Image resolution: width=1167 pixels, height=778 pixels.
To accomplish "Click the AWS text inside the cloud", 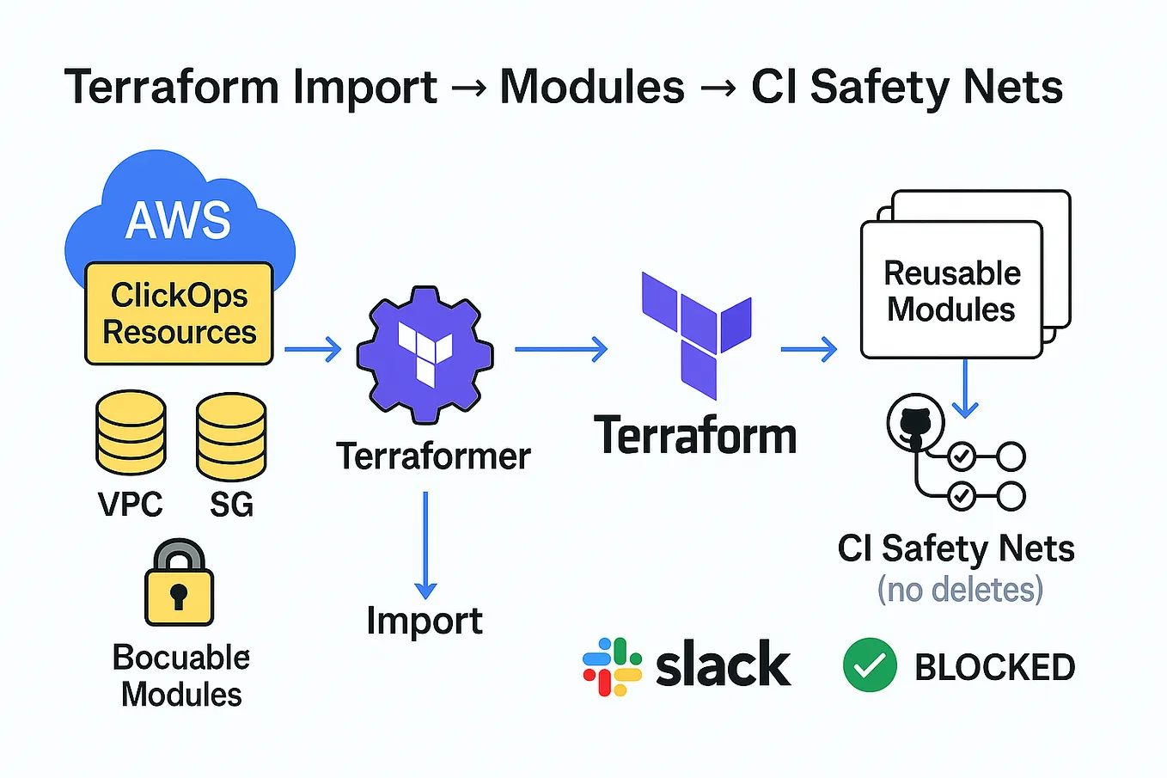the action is click(178, 220).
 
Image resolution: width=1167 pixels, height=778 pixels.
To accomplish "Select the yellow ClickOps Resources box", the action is click(180, 313).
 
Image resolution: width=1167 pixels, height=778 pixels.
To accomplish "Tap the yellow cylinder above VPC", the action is click(131, 432).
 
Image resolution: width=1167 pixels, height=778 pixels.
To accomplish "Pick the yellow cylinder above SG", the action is click(231, 436).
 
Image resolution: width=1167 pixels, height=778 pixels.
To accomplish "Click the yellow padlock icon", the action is click(180, 582).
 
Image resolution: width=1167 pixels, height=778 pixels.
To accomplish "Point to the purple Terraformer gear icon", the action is click(425, 354).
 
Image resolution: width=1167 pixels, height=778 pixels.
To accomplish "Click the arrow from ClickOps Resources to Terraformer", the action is click(313, 349).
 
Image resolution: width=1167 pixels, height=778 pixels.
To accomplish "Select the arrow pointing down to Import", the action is click(425, 545).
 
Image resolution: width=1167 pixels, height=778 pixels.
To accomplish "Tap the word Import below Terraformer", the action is click(425, 622).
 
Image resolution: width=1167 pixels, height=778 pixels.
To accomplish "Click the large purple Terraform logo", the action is click(697, 335).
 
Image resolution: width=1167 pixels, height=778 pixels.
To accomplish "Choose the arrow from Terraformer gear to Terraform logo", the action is click(561, 349).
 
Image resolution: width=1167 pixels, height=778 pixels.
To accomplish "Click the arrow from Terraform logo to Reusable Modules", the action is click(810, 349).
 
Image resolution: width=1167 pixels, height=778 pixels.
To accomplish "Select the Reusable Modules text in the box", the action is click(952, 291).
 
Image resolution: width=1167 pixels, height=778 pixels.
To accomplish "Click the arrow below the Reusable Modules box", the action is click(965, 389).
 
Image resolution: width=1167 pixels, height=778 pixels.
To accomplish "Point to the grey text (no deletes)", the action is click(960, 590).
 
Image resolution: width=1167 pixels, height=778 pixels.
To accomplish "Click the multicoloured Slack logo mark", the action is click(612, 666).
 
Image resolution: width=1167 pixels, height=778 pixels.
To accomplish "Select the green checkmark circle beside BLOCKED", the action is click(870, 665).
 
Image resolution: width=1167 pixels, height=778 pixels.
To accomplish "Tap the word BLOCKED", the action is click(995, 667).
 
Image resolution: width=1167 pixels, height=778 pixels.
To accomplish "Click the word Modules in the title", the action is click(592, 87).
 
